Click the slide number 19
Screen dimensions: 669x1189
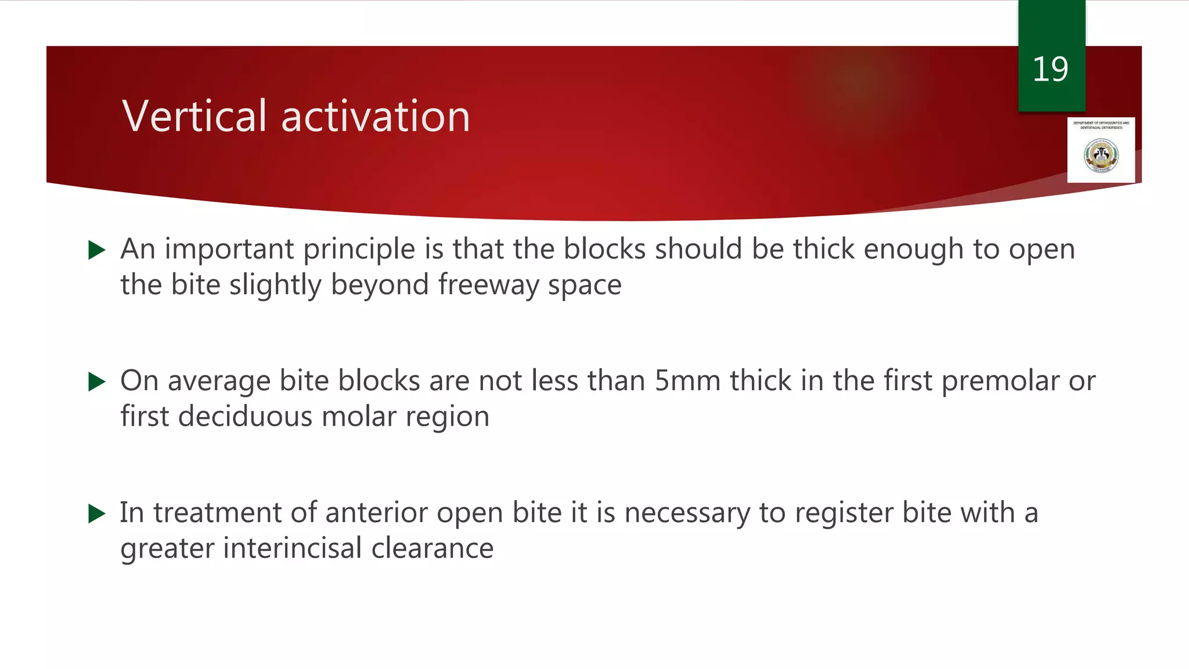(x=1050, y=70)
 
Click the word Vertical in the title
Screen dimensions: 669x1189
(x=194, y=116)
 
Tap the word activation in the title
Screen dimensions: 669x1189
(x=375, y=116)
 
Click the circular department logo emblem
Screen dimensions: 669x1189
(x=1101, y=155)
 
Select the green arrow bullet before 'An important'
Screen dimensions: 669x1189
(x=96, y=250)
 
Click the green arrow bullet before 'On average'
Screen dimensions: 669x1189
(x=96, y=382)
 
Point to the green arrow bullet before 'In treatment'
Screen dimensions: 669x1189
(x=96, y=513)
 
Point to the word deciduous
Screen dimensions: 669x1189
(x=245, y=416)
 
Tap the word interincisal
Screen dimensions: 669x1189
(x=293, y=548)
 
